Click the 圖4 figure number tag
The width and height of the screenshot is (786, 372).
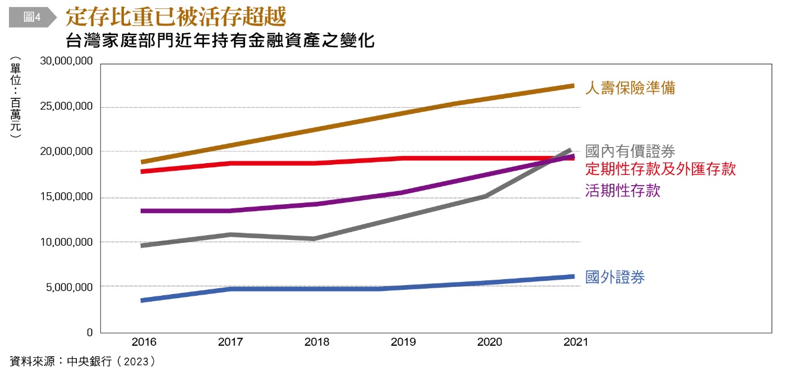point(32,17)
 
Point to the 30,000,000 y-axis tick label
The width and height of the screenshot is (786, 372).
point(66,61)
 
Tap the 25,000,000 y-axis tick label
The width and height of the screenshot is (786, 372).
point(66,107)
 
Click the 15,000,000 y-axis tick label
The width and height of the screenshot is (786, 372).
point(66,197)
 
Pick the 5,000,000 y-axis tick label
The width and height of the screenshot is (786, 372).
point(69,287)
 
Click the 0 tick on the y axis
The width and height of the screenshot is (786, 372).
point(89,333)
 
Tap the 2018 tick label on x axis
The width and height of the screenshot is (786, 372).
point(316,342)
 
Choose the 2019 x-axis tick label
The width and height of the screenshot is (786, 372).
point(403,342)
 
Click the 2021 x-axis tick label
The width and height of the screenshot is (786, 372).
point(575,342)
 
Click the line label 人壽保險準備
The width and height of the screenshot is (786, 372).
point(630,88)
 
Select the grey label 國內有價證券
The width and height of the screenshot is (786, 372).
point(630,151)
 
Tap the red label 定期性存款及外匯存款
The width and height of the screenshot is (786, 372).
point(660,169)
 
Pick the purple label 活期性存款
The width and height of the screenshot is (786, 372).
point(623,190)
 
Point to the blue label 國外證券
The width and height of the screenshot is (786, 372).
point(615,277)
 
